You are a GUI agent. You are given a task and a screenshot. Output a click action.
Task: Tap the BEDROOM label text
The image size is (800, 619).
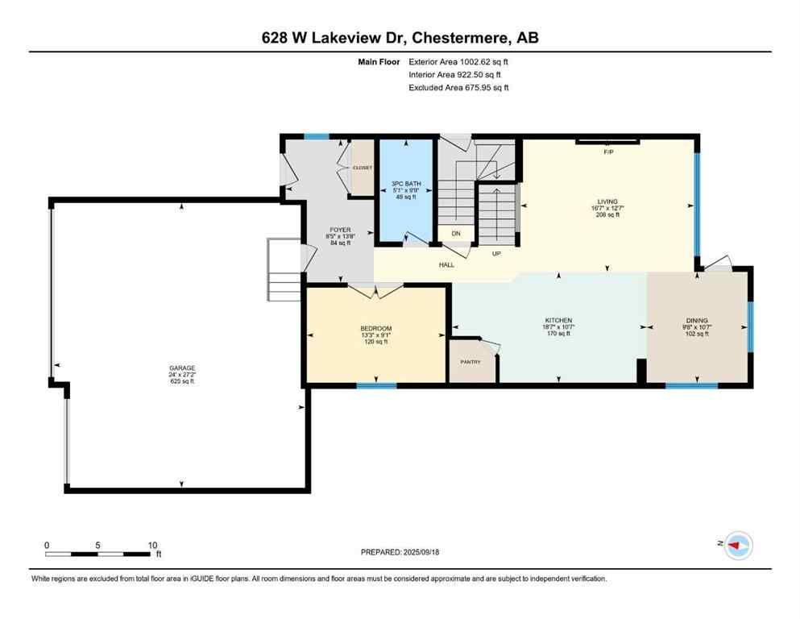(375, 328)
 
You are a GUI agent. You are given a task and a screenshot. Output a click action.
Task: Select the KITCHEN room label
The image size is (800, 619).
(558, 320)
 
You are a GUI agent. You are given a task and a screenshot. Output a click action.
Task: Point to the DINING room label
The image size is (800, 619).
(697, 320)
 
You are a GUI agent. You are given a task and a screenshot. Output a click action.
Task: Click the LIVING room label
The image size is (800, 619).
(607, 201)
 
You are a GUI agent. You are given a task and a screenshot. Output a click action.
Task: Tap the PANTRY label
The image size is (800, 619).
(470, 362)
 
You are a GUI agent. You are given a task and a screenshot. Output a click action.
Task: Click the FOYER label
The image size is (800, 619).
(339, 229)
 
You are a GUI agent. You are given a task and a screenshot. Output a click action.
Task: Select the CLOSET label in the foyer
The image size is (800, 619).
(363, 167)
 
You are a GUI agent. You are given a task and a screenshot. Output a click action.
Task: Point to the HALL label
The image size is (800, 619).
(446, 264)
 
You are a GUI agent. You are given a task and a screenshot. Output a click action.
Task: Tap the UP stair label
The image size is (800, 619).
(496, 253)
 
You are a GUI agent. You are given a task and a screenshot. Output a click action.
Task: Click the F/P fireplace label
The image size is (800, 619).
(607, 151)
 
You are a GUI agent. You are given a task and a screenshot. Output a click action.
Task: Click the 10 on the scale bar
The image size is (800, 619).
(152, 545)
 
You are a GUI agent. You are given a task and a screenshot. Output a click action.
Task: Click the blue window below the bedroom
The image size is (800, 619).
(376, 385)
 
